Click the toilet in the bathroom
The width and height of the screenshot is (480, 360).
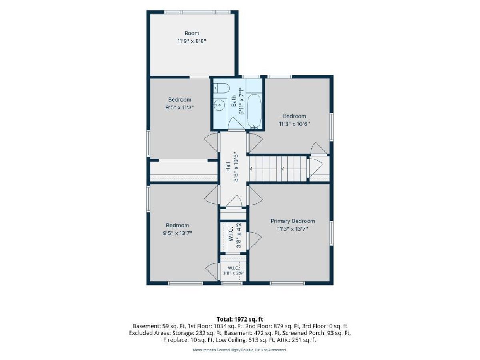coord(221,88)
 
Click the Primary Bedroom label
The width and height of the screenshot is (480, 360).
coord(292,221)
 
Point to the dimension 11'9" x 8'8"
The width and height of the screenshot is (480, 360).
coord(192,41)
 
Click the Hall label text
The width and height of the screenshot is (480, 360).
coord(228,166)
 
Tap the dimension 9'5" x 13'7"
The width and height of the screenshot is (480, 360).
coord(177,233)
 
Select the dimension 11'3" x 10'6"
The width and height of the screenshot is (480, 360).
coord(294,124)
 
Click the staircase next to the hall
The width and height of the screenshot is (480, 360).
coord(278,168)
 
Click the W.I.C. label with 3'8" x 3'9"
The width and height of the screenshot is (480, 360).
coord(233,268)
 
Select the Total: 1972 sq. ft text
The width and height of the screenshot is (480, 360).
coord(240,319)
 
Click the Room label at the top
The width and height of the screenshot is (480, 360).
coord(192,33)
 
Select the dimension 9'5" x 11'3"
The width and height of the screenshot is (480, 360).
coord(180,108)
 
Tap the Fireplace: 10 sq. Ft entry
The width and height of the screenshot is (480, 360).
coord(188,340)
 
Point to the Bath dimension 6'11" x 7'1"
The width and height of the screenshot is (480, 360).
coord(242,101)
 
